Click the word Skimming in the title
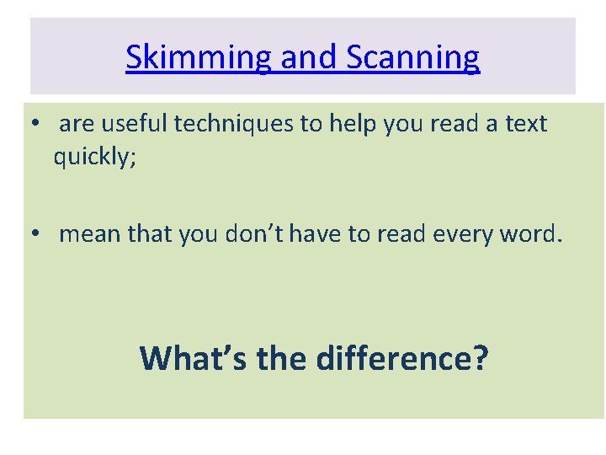click(199, 57)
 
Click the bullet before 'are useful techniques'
click(31, 123)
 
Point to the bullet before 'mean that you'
click(31, 233)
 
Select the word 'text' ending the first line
click(525, 124)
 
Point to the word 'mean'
click(90, 234)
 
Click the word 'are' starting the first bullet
click(77, 125)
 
